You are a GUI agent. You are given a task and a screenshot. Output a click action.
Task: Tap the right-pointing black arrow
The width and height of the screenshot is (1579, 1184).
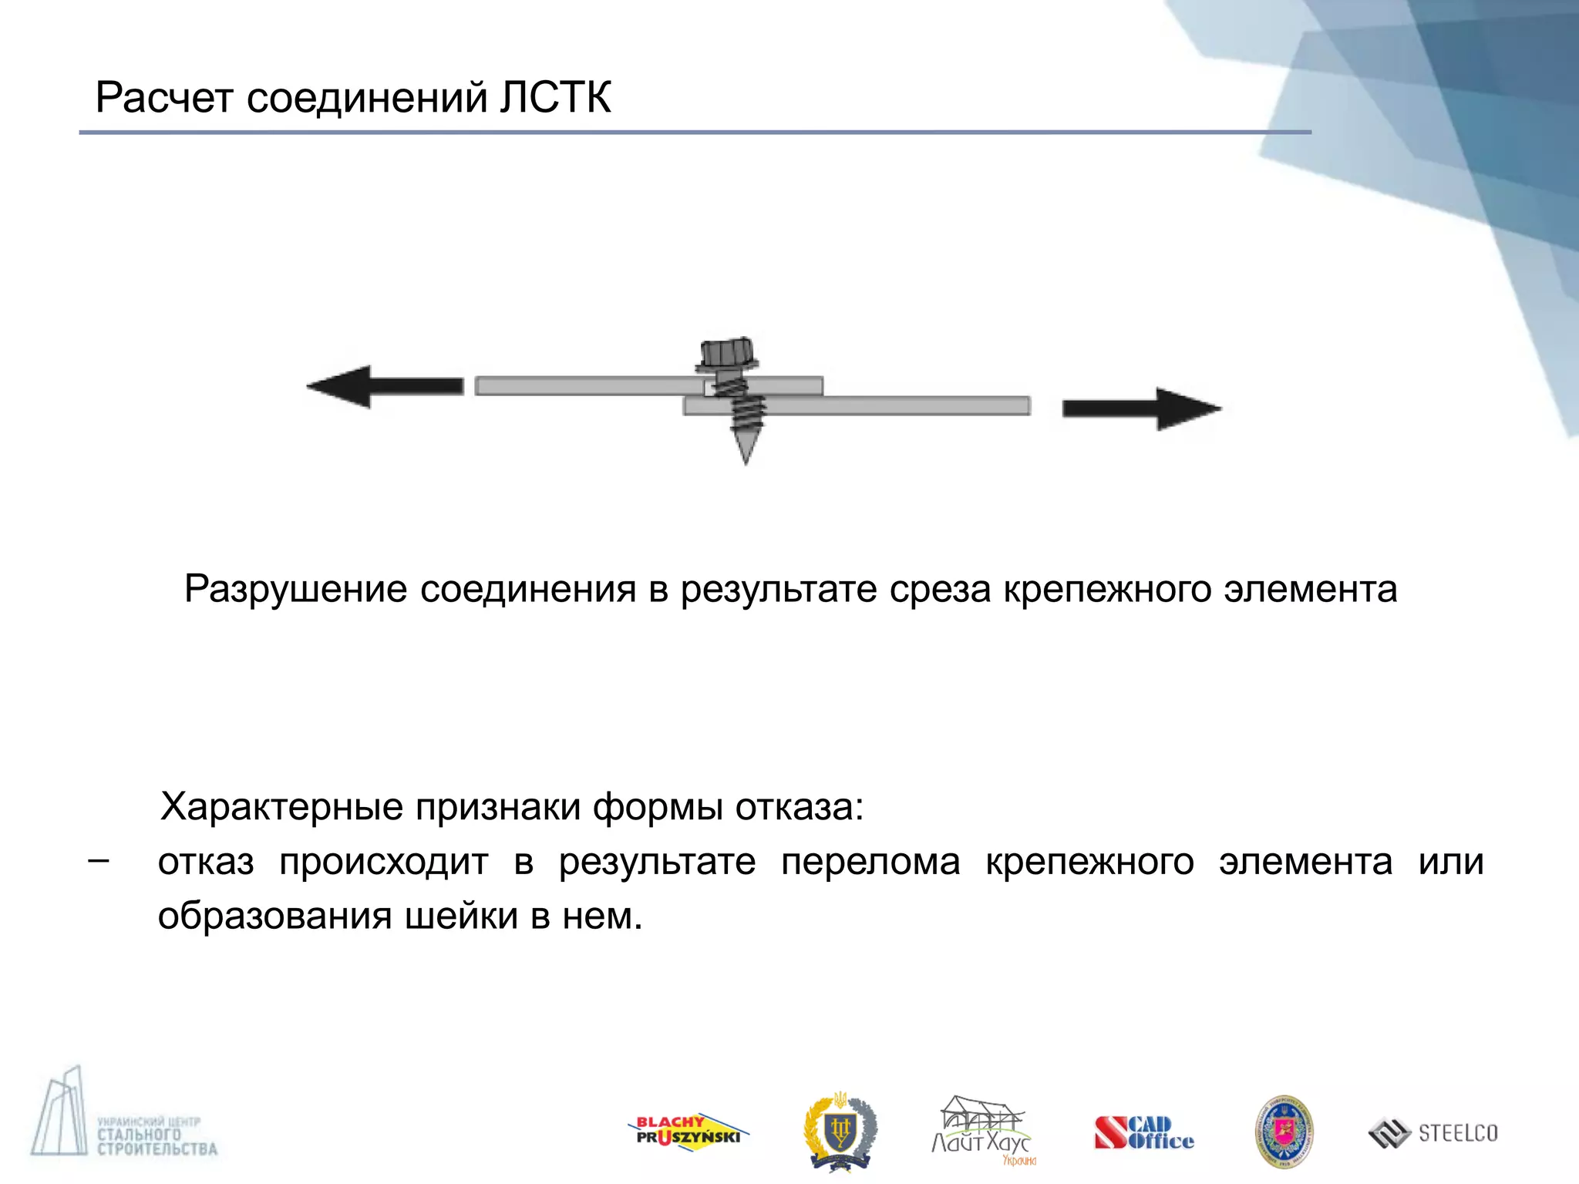click(1142, 409)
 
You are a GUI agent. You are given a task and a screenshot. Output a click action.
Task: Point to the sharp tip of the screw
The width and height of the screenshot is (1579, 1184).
click(746, 458)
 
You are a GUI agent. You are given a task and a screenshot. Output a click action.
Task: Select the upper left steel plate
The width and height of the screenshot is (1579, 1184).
click(586, 385)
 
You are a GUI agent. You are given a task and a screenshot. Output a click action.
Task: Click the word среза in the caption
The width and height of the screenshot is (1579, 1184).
click(940, 590)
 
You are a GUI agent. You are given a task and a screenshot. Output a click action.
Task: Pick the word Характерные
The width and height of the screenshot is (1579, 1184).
click(281, 807)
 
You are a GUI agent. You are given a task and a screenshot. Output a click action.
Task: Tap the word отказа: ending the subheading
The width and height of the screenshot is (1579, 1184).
click(800, 807)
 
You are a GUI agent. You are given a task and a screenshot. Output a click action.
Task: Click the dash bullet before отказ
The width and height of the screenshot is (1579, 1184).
click(98, 860)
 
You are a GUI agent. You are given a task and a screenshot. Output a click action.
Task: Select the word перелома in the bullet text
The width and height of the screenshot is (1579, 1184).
click(870, 862)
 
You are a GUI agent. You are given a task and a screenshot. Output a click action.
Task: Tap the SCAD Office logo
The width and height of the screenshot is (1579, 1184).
click(1143, 1133)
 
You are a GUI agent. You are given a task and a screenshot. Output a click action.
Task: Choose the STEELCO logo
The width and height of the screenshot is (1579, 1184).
click(1433, 1132)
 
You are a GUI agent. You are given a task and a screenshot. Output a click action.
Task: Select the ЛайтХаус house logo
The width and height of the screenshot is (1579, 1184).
click(981, 1130)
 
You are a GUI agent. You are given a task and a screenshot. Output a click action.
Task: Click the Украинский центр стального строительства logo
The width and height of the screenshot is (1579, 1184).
click(123, 1118)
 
